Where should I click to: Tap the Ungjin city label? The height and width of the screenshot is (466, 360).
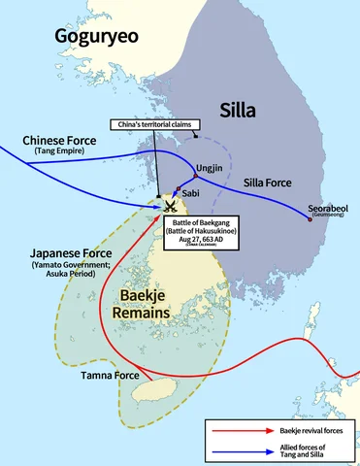(210, 167)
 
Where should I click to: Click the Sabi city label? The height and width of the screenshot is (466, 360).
(190, 193)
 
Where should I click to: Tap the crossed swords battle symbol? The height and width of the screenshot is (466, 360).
(169, 205)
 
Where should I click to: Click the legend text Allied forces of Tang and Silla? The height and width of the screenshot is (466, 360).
(302, 449)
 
